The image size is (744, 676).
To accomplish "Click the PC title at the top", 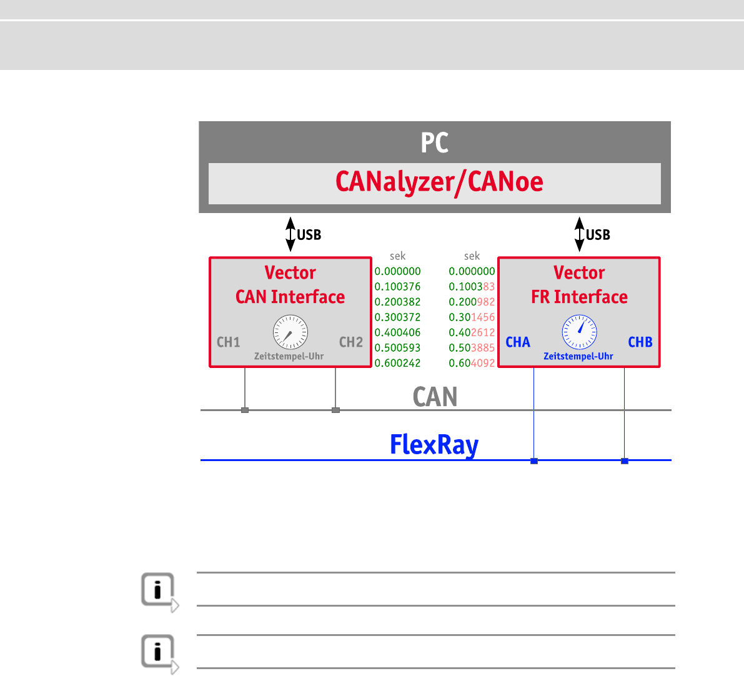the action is [434, 142].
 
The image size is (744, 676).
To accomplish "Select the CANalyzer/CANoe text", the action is [439, 182].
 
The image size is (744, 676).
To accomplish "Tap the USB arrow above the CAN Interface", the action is [290, 234].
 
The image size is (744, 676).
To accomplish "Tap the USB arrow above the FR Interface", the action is [580, 234].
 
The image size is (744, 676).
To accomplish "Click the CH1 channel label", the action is [228, 342].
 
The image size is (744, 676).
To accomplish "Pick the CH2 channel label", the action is [350, 342].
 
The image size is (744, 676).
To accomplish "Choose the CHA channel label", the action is [518, 342].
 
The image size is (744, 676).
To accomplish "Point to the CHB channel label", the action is [640, 342].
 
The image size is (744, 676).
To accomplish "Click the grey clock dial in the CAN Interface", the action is [290, 332].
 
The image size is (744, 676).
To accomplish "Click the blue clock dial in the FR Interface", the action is [580, 332].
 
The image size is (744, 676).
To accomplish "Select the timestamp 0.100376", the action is [397, 287].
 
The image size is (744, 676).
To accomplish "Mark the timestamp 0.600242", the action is [397, 363].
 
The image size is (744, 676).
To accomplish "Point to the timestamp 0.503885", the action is [472, 348].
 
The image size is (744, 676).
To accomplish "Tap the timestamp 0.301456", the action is [472, 317].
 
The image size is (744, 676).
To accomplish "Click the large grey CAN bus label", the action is [435, 397].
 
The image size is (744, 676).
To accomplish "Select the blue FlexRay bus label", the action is [434, 445].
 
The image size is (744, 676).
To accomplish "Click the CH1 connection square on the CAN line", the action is [245, 410].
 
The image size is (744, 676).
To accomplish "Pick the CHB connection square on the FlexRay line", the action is [624, 461].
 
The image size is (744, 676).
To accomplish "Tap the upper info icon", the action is [159, 590].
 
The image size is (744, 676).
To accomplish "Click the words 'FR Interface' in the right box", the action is [579, 297].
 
